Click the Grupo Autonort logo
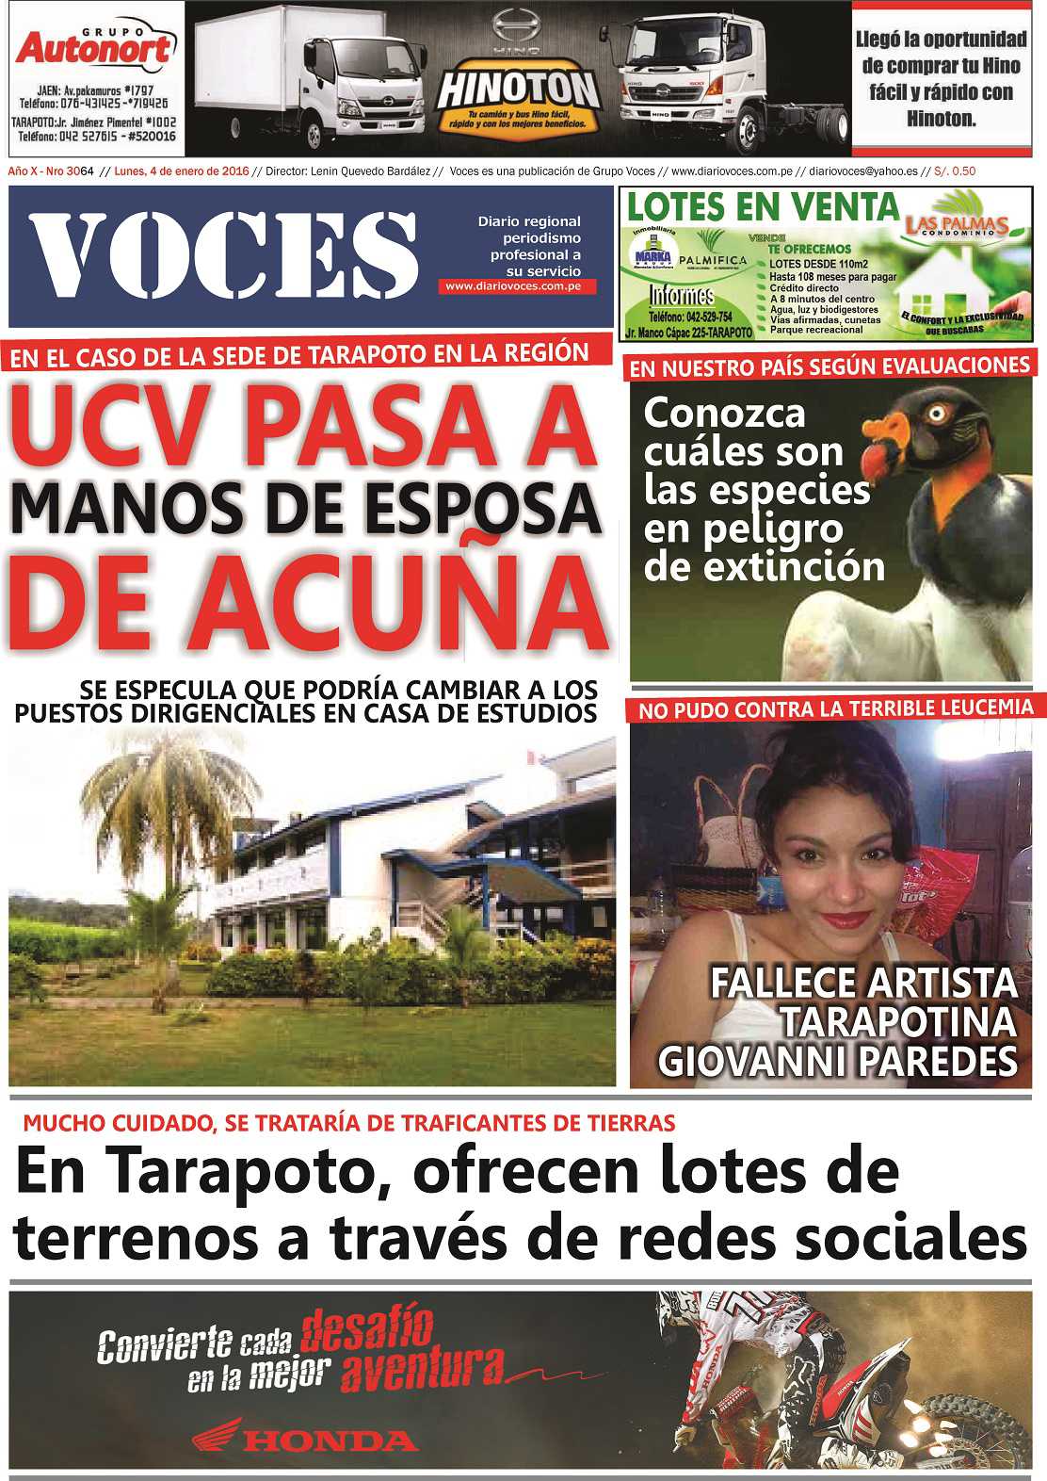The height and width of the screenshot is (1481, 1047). (x=94, y=47)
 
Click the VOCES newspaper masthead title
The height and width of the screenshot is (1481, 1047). (x=223, y=255)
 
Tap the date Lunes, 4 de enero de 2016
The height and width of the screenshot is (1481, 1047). (x=181, y=171)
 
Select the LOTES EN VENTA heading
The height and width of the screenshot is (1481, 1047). (x=763, y=206)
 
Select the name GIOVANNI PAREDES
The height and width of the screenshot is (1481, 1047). (x=837, y=1062)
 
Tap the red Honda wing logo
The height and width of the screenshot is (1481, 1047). (x=217, y=1435)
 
